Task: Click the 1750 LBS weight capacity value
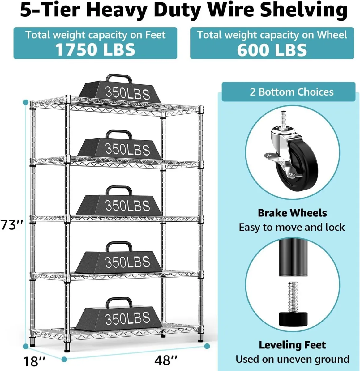click(x=95, y=49)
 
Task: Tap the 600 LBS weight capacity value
click(x=272, y=50)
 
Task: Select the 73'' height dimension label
click(x=12, y=225)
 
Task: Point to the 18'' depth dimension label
click(x=34, y=361)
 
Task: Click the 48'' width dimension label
click(x=166, y=360)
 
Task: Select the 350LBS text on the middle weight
click(x=127, y=206)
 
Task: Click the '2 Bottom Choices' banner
click(x=291, y=92)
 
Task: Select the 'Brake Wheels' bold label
click(x=292, y=213)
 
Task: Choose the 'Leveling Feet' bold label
click(x=292, y=345)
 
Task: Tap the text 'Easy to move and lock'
click(x=292, y=227)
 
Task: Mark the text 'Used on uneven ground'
click(x=292, y=359)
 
